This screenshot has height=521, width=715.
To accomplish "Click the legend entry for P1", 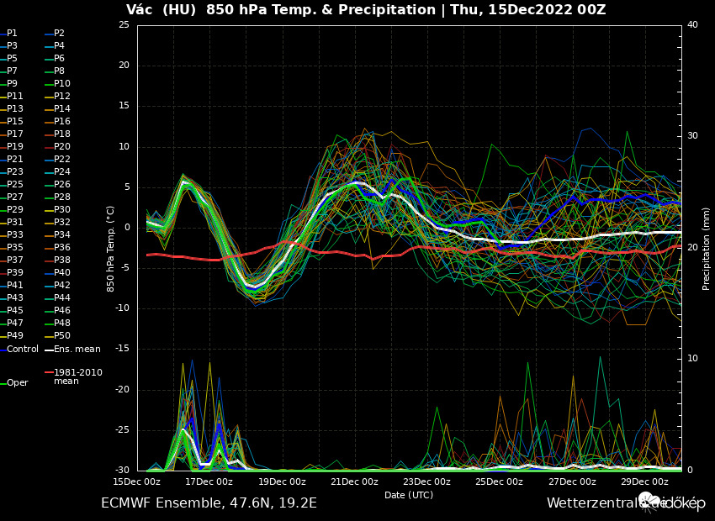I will (12, 34).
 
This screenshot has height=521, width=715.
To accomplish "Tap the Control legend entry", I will (22, 349).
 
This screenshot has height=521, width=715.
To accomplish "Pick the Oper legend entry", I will (17, 383).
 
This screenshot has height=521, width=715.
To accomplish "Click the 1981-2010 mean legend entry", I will (77, 376).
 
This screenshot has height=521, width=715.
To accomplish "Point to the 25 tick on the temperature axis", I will (124, 25).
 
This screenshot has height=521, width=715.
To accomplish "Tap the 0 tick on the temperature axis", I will (126, 228).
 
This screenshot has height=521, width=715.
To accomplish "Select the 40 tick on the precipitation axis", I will (692, 25).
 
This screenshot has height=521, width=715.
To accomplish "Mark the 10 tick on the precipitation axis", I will (692, 359).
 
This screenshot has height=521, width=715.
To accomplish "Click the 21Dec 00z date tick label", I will (354, 482).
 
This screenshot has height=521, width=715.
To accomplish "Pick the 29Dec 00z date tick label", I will (644, 482).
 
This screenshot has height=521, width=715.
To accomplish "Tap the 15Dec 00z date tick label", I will (137, 482).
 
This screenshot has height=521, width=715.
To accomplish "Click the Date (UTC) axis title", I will (409, 495).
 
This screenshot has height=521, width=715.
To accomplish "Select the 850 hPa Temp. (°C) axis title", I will (111, 248).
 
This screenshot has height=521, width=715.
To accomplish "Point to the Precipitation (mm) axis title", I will (707, 248).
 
